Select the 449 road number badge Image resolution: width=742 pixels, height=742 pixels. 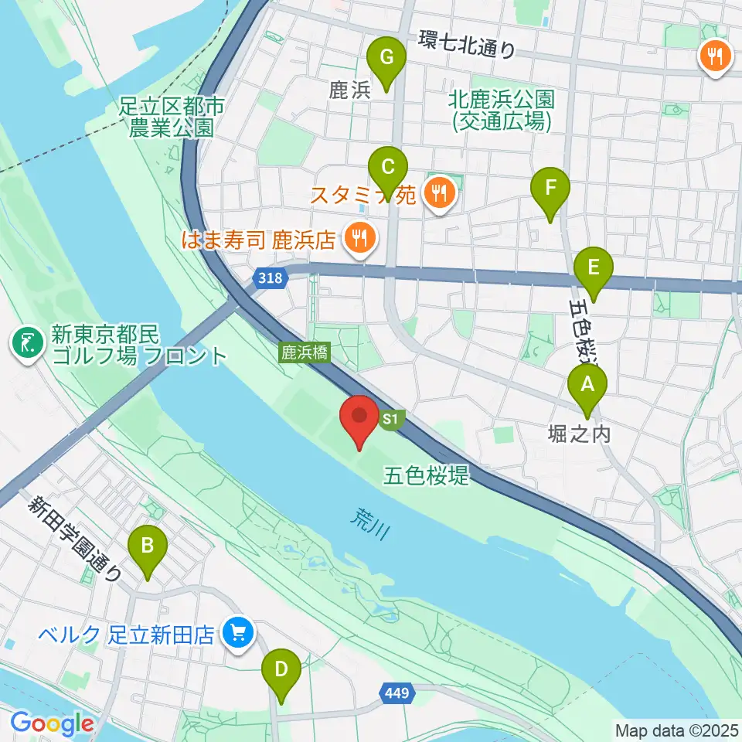click(397, 693)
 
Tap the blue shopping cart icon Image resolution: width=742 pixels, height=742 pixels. click(236, 635)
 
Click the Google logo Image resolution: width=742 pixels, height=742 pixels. click(52, 724)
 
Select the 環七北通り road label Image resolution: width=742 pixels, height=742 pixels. click(467, 44)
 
